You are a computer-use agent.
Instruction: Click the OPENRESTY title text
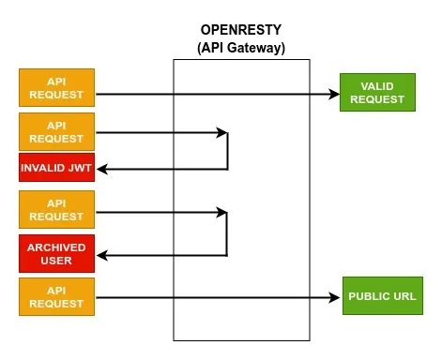tap(241, 31)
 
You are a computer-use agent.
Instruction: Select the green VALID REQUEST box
tap(371, 92)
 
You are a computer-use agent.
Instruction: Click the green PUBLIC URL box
tap(382, 296)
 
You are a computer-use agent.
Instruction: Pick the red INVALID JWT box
tap(55, 169)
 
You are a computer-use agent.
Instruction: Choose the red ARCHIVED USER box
tap(55, 254)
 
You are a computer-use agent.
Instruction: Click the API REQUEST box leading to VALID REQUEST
tap(55, 87)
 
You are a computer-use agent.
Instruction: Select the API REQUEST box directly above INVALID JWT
tap(55, 131)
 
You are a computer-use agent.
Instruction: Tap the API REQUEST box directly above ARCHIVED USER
tap(55, 209)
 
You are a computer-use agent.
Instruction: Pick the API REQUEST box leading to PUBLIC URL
tap(55, 296)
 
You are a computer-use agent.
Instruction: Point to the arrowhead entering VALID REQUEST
tap(333, 94)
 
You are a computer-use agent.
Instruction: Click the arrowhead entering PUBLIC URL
tap(336, 298)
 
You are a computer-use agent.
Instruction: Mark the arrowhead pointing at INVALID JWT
tap(104, 170)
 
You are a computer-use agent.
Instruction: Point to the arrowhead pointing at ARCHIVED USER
tap(104, 255)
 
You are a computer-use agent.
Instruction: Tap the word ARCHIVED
tap(55, 247)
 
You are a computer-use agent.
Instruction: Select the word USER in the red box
tap(55, 261)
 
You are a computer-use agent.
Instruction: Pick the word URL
tap(403, 296)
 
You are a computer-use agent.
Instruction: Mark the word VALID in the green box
tap(371, 85)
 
